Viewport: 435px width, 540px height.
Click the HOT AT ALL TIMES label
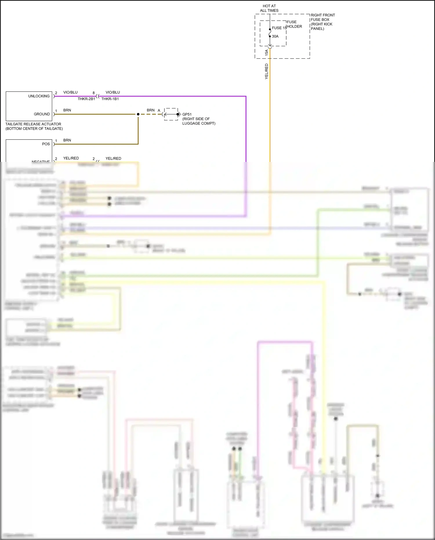(x=269, y=8)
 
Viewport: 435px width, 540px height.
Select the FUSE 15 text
(x=279, y=28)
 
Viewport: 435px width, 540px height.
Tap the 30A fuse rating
(x=275, y=36)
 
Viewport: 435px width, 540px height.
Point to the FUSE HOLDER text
(x=294, y=24)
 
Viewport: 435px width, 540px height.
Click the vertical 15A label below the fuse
(x=267, y=53)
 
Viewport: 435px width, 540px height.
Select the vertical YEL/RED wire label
(x=267, y=71)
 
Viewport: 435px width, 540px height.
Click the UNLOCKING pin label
(x=39, y=96)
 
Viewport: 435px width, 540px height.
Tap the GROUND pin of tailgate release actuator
(x=42, y=114)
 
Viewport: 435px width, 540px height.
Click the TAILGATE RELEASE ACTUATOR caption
(x=34, y=126)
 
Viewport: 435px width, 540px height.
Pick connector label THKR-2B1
(x=86, y=99)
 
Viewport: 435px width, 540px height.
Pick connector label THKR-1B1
(x=110, y=99)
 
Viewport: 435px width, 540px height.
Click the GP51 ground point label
(x=187, y=114)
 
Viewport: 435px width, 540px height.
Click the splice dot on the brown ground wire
(x=138, y=114)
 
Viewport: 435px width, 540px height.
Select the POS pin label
(x=46, y=144)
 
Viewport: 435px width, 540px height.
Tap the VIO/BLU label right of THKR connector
(x=113, y=92)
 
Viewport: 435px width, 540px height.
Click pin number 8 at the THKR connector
(x=93, y=93)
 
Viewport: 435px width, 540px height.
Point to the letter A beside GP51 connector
(x=159, y=110)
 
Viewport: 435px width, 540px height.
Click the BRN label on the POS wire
(x=67, y=140)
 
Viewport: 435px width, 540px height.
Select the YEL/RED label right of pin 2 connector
(x=113, y=158)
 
